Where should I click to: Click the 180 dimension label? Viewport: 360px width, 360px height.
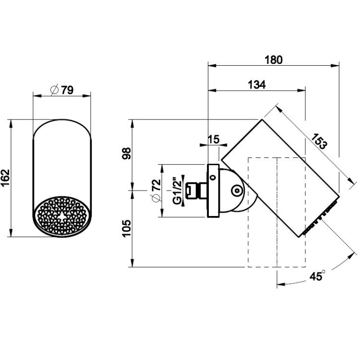tap(274, 60)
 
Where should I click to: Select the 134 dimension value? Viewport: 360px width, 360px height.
tap(257, 84)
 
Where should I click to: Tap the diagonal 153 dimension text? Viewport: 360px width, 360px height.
tap(319, 141)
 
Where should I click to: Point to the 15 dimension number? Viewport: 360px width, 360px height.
tap(214, 139)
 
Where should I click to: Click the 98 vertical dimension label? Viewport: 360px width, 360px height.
tap(127, 154)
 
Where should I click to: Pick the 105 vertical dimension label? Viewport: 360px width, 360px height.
tap(127, 228)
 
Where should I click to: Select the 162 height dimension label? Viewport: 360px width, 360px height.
tap(5, 178)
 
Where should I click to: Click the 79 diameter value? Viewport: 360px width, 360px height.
tap(68, 90)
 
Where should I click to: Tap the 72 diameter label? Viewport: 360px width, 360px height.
tap(156, 185)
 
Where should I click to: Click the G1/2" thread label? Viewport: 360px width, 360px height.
tap(177, 191)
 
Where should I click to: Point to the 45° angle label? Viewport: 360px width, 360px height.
tap(317, 276)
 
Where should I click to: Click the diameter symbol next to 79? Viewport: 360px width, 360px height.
tap(55, 90)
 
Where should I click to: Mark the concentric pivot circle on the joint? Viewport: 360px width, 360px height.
tap(237, 191)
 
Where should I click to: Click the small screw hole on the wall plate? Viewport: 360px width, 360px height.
tap(213, 177)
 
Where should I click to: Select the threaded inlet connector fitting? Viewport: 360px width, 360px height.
tap(196, 191)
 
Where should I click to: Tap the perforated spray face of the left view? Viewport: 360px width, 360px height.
tap(62, 216)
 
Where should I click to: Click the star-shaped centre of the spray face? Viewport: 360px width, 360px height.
tap(62, 216)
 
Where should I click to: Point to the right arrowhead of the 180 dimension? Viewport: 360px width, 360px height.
tap(335, 66)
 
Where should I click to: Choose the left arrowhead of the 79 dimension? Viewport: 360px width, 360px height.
tap(37, 96)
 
